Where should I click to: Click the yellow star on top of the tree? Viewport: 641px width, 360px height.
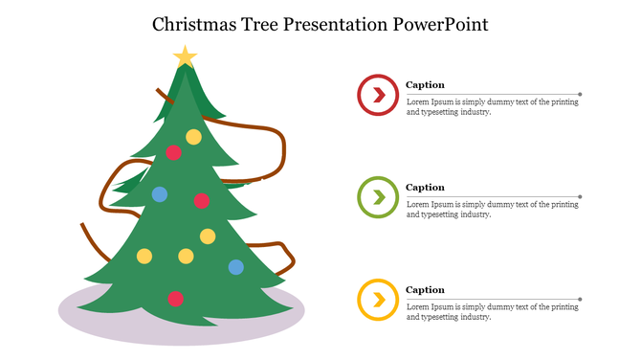click(x=185, y=57)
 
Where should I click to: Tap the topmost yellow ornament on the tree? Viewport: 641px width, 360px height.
click(x=193, y=136)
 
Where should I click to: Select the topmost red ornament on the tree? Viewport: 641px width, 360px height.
click(x=173, y=152)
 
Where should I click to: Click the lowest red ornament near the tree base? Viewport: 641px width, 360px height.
click(x=175, y=299)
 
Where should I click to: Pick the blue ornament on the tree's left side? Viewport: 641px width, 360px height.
click(x=160, y=194)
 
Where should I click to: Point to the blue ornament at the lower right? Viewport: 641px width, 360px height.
click(x=235, y=267)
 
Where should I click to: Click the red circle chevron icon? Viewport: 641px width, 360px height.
click(x=378, y=94)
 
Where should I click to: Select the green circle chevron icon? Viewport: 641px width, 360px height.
click(x=378, y=197)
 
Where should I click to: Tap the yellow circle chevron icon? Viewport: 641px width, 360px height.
click(x=378, y=300)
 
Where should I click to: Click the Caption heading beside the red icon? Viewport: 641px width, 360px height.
click(x=425, y=85)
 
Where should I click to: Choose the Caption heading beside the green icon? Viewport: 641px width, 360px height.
click(x=425, y=188)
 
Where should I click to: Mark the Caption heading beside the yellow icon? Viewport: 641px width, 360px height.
click(x=425, y=290)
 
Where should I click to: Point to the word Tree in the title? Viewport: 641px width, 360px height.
click(x=265, y=24)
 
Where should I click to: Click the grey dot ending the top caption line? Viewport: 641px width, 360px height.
click(x=580, y=94)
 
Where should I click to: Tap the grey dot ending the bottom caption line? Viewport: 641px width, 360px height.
click(x=580, y=300)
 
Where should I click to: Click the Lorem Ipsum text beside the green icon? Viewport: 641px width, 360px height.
click(x=492, y=210)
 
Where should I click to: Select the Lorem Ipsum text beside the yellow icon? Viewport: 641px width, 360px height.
click(x=492, y=312)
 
